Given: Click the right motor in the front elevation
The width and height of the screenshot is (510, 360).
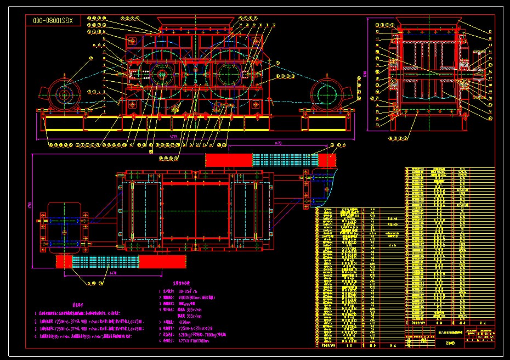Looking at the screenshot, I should coord(328,95).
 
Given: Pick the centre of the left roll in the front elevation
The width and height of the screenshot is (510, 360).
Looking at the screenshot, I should coord(161,75).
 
